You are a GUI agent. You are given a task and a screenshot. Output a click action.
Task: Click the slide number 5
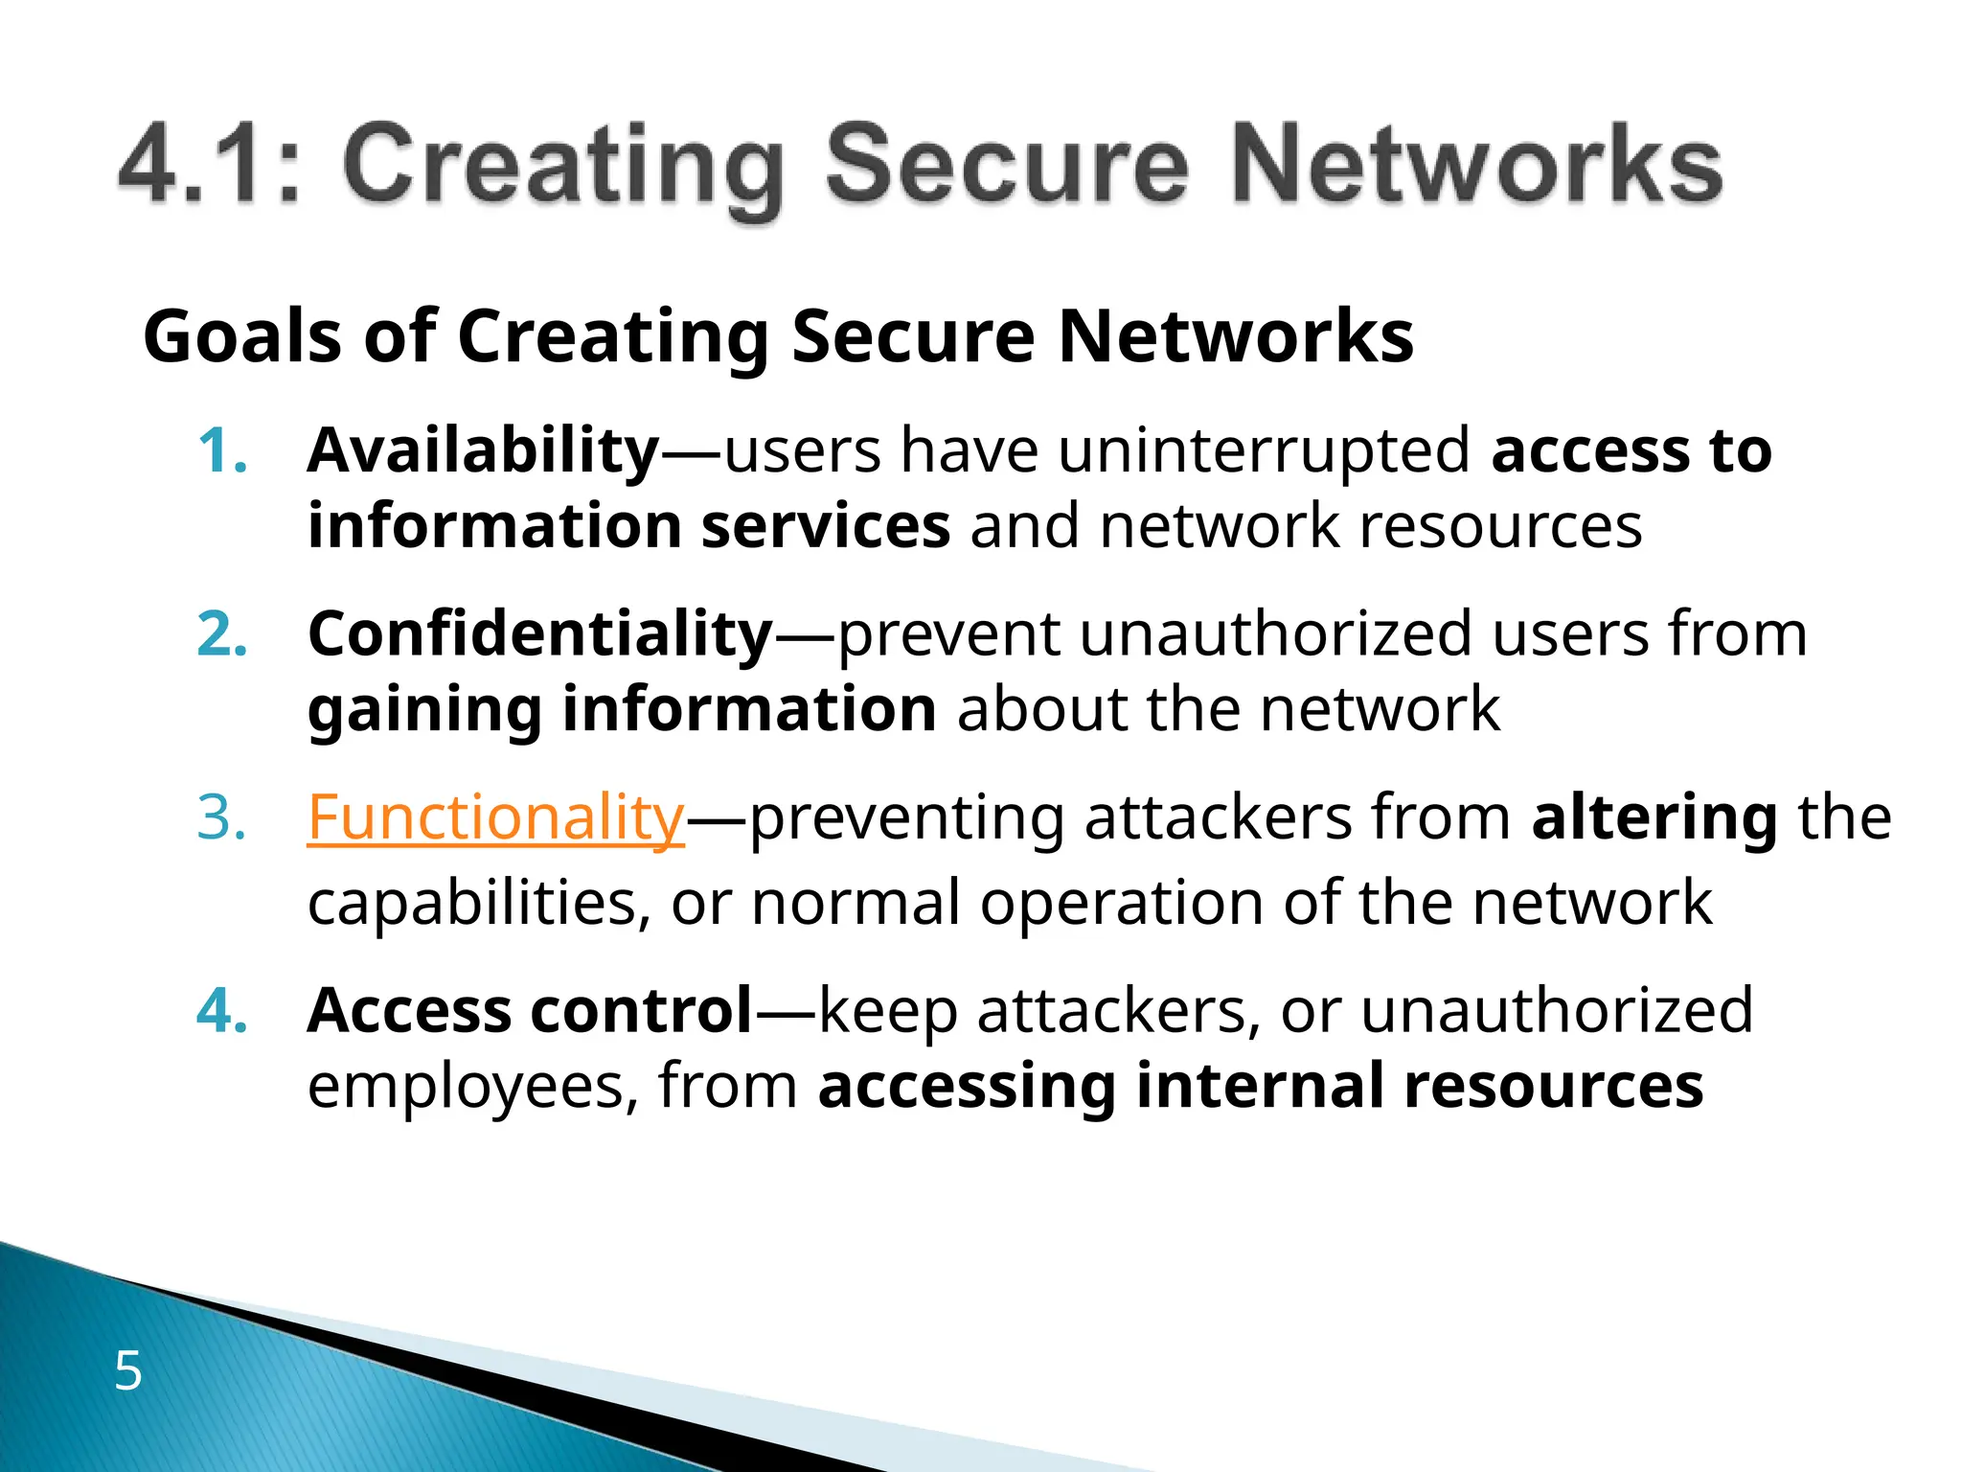pyautogui.click(x=127, y=1370)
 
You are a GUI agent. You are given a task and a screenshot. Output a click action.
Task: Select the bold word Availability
pyautogui.click(x=483, y=450)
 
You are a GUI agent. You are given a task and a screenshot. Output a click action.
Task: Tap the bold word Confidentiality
pyautogui.click(x=540, y=634)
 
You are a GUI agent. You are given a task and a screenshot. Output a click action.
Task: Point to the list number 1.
pyautogui.click(x=221, y=451)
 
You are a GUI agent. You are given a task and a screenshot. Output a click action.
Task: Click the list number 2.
pyautogui.click(x=221, y=635)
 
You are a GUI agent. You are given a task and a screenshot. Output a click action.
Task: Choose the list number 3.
pyautogui.click(x=221, y=819)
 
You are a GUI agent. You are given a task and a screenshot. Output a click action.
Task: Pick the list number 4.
pyautogui.click(x=221, y=1011)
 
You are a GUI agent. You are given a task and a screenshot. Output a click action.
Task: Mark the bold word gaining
pyautogui.click(x=424, y=711)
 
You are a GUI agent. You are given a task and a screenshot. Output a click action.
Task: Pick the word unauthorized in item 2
pyautogui.click(x=1275, y=634)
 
